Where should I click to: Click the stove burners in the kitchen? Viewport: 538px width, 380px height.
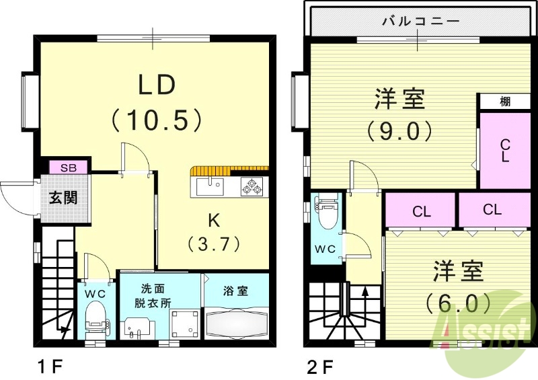252,186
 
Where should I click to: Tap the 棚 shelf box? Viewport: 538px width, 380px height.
505,102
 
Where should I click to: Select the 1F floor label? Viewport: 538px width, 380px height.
50,367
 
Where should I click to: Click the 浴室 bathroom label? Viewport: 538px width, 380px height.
235,291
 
